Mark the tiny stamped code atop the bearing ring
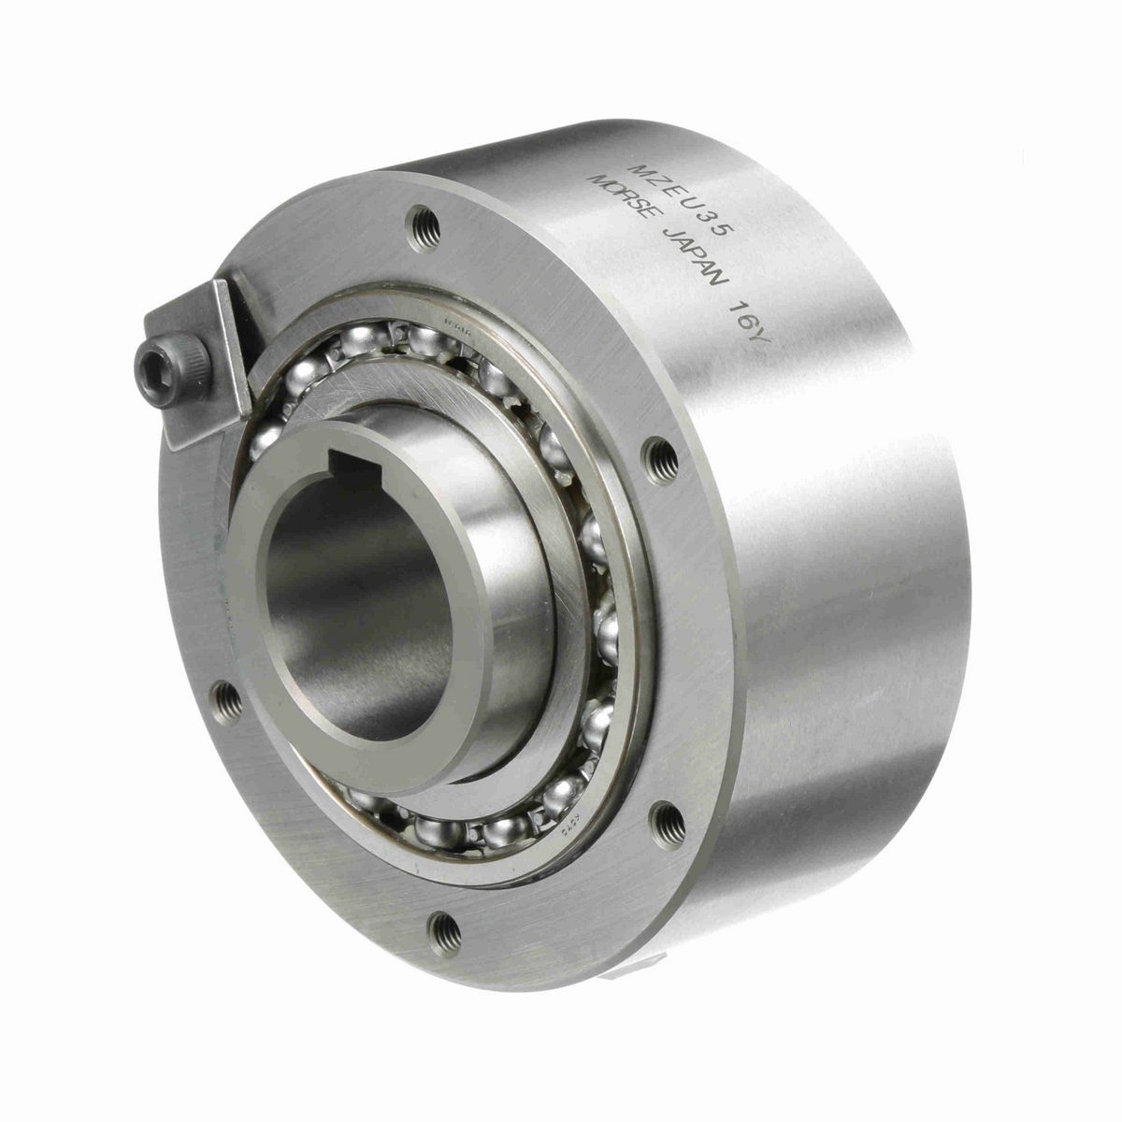click(458, 323)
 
